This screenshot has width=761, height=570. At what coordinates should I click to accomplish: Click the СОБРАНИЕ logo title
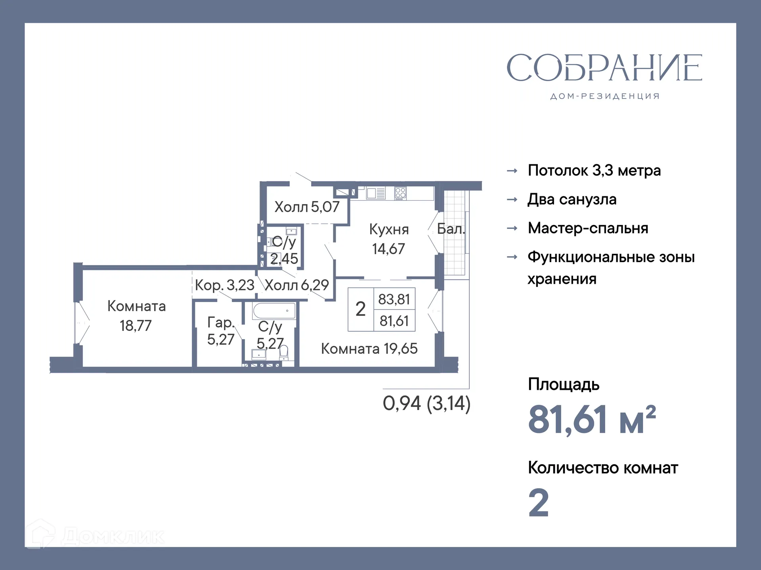[604, 68]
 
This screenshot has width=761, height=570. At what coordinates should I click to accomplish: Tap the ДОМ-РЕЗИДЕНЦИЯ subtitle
[605, 96]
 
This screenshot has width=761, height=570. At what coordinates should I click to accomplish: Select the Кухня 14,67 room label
[388, 239]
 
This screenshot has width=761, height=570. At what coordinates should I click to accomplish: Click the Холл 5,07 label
[307, 207]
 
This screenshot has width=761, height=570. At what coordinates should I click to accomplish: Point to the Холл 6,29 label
[297, 285]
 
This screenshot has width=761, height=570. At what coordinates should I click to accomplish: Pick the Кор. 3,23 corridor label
[224, 285]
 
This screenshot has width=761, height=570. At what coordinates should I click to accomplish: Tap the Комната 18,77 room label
[136, 316]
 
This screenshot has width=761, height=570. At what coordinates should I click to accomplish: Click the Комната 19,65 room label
[369, 349]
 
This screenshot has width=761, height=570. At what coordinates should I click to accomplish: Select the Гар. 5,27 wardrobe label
[221, 331]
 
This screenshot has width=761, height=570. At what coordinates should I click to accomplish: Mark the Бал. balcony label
[451, 229]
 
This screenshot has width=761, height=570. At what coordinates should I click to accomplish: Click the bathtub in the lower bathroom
[274, 311]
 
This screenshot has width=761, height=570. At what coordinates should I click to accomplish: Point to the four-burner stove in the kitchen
[400, 193]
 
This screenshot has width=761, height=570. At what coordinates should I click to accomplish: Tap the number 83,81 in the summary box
[394, 299]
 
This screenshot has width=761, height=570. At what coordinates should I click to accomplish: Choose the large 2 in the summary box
[360, 309]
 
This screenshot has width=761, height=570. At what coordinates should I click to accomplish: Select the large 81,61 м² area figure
[592, 420]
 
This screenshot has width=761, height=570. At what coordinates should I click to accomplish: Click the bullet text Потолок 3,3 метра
[594, 171]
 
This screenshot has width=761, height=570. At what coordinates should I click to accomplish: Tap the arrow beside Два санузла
[512, 199]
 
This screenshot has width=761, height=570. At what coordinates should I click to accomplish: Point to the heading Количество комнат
[603, 468]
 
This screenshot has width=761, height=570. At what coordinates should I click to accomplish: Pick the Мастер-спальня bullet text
[588, 228]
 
